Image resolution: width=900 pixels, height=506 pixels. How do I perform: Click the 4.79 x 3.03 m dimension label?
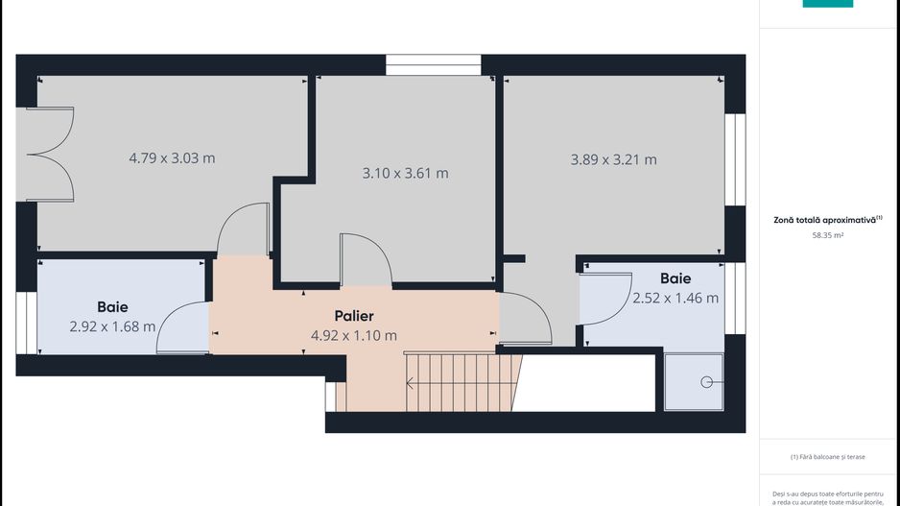172,157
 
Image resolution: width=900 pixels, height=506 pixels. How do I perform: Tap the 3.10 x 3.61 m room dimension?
405,174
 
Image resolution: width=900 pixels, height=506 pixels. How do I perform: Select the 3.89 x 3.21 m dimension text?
613,159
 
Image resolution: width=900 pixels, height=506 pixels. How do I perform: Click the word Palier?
353,316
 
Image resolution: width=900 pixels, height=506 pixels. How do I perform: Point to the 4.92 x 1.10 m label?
353,335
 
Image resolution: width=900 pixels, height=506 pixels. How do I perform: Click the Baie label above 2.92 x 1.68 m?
112,307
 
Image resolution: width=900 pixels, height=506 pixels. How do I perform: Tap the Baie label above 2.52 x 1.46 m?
675,278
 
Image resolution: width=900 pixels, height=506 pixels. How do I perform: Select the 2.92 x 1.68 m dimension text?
112,326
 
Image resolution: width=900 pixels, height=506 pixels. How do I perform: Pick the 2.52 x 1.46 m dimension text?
675,298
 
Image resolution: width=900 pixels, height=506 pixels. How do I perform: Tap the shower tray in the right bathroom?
694,381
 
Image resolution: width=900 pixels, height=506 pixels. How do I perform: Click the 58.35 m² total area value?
827,233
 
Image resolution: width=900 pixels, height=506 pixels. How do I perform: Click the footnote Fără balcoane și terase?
827,456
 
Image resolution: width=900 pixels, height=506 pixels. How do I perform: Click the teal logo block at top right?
827,4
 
